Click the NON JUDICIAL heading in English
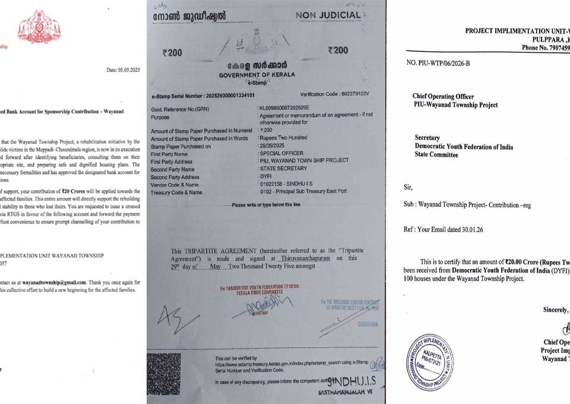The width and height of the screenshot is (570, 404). (x=337, y=15)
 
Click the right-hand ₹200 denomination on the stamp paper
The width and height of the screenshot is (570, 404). (x=338, y=50)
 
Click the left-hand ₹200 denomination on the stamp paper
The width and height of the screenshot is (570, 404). (x=172, y=52)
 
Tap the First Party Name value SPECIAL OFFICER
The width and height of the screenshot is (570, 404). (x=283, y=153)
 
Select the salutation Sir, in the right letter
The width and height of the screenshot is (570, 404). (x=408, y=187)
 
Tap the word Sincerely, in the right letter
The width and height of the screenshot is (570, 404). (x=556, y=310)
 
